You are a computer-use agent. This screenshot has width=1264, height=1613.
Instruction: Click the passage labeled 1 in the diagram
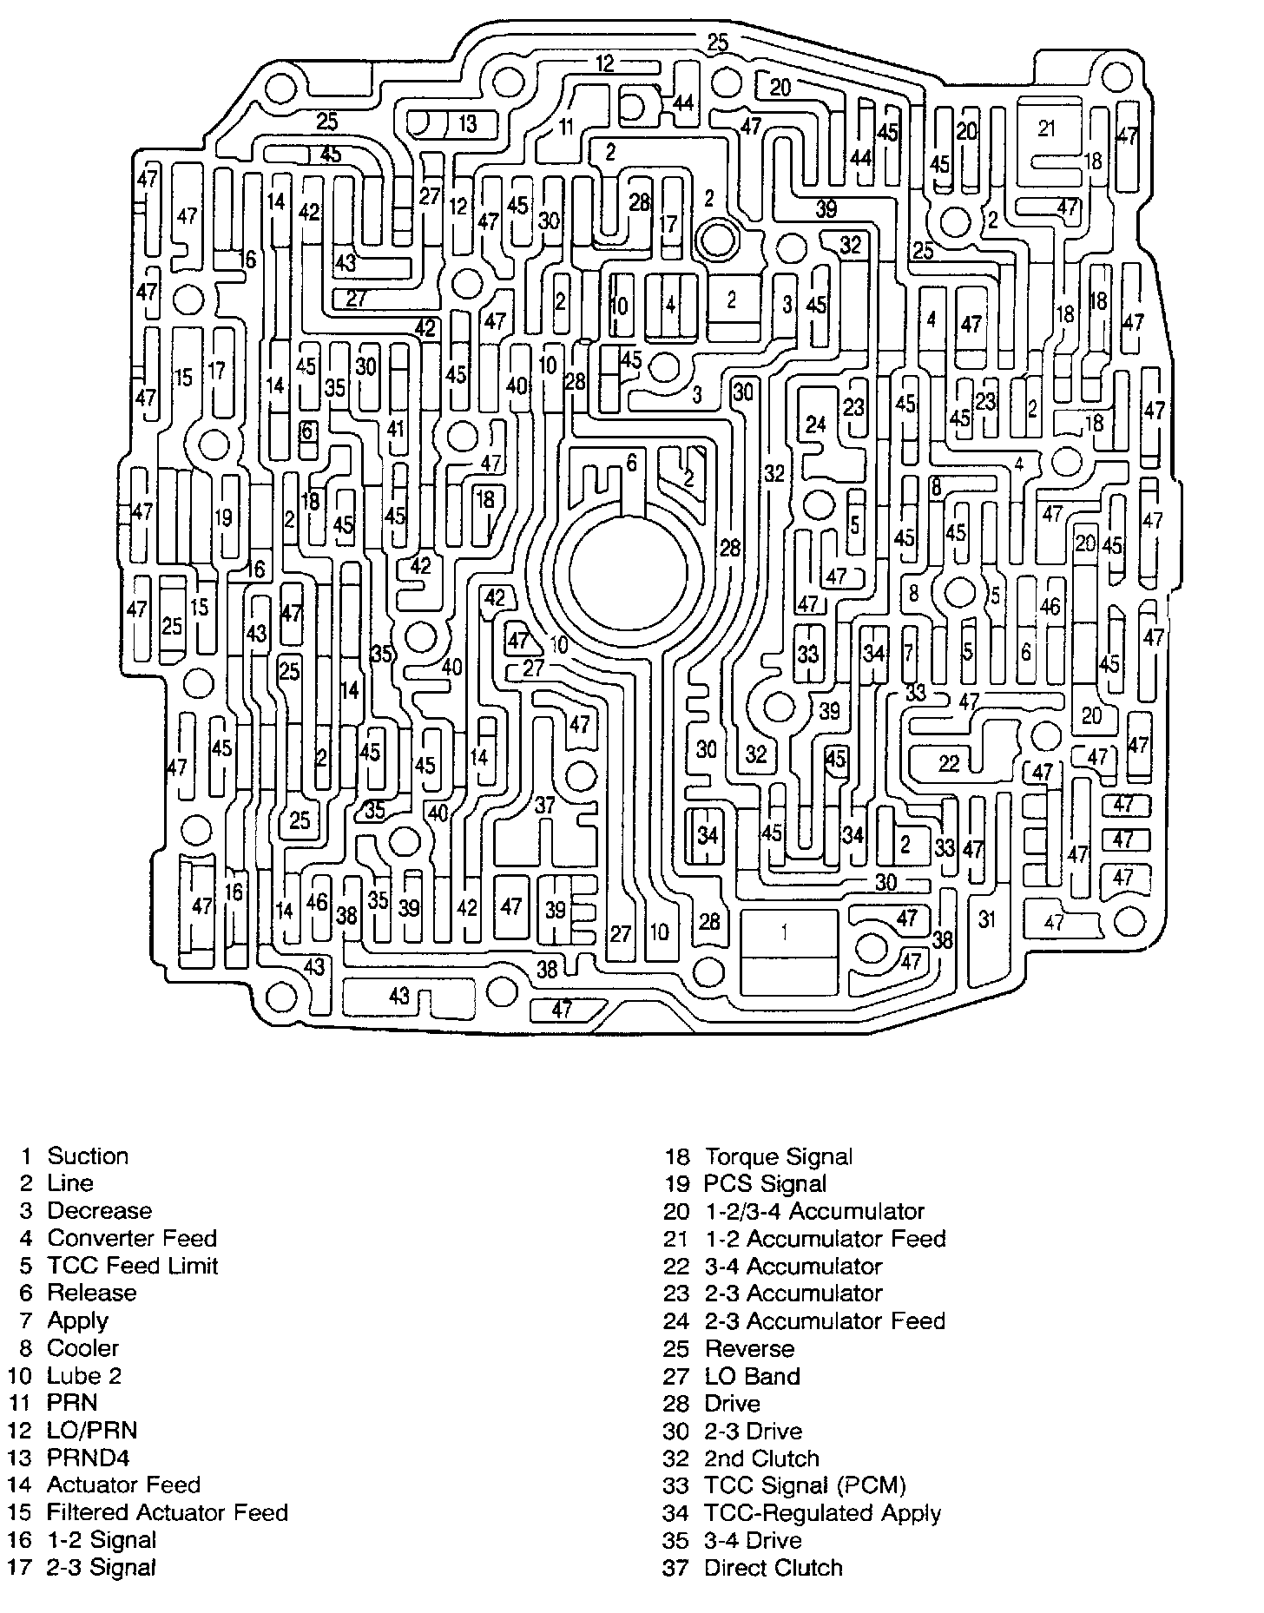point(785,933)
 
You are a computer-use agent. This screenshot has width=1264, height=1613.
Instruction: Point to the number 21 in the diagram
point(1047,128)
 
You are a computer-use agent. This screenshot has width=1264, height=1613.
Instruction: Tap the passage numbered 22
point(949,763)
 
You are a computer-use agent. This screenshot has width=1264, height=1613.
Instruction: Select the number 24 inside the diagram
point(815,425)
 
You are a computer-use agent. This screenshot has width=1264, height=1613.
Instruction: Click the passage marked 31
point(986,919)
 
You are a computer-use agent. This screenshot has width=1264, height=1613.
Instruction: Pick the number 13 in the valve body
point(468,124)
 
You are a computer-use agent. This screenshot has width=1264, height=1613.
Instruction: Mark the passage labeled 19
point(224,517)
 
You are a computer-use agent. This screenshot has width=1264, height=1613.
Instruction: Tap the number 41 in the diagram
point(396,428)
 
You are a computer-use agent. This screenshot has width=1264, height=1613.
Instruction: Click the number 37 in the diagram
point(544,806)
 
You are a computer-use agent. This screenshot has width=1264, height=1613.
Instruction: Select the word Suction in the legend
point(88,1155)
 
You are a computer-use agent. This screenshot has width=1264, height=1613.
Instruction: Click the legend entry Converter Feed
point(131,1238)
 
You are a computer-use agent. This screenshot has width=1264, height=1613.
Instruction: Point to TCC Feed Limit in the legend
point(132,1266)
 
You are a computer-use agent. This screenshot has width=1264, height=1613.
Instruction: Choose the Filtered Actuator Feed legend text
point(167,1512)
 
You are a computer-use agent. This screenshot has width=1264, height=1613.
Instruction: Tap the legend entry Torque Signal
point(778,1156)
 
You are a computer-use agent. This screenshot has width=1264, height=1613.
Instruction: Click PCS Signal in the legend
point(765,1184)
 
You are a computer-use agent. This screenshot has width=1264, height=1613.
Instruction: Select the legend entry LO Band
point(752,1376)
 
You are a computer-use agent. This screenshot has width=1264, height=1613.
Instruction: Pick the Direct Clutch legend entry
point(773,1568)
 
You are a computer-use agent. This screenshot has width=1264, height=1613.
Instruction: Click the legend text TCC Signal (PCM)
point(805,1485)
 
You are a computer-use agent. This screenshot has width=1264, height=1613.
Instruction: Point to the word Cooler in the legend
point(82,1348)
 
